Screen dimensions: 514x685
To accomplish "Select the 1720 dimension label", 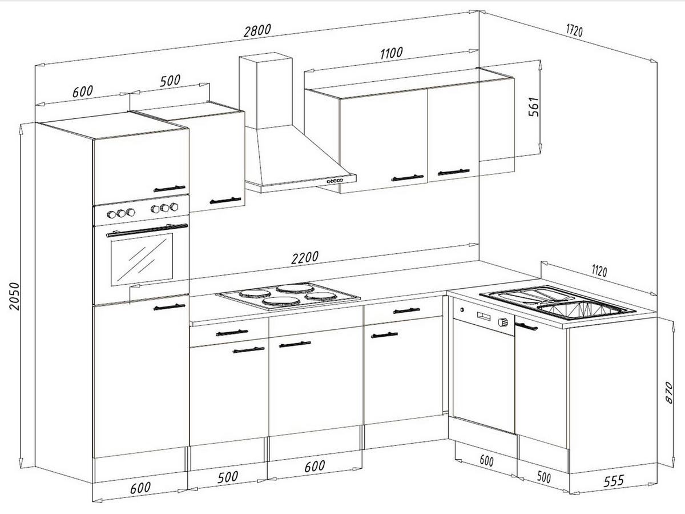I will tap(574, 30).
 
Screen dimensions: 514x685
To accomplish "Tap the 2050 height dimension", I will tap(13, 296).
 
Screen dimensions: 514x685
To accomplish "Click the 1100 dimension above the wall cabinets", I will tap(391, 53).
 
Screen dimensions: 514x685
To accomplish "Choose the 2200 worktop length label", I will tap(305, 258).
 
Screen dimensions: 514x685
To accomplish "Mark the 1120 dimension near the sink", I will tap(599, 270).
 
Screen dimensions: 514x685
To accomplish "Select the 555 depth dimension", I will tap(613, 481).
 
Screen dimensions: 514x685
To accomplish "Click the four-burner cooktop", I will tap(288, 295).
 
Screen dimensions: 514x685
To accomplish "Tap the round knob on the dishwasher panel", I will tap(503, 322).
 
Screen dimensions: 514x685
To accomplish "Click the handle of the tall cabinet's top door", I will tap(170, 188).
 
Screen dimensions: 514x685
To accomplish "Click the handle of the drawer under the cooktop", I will tap(232, 333).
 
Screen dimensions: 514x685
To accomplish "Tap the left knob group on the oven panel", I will tap(121, 213).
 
